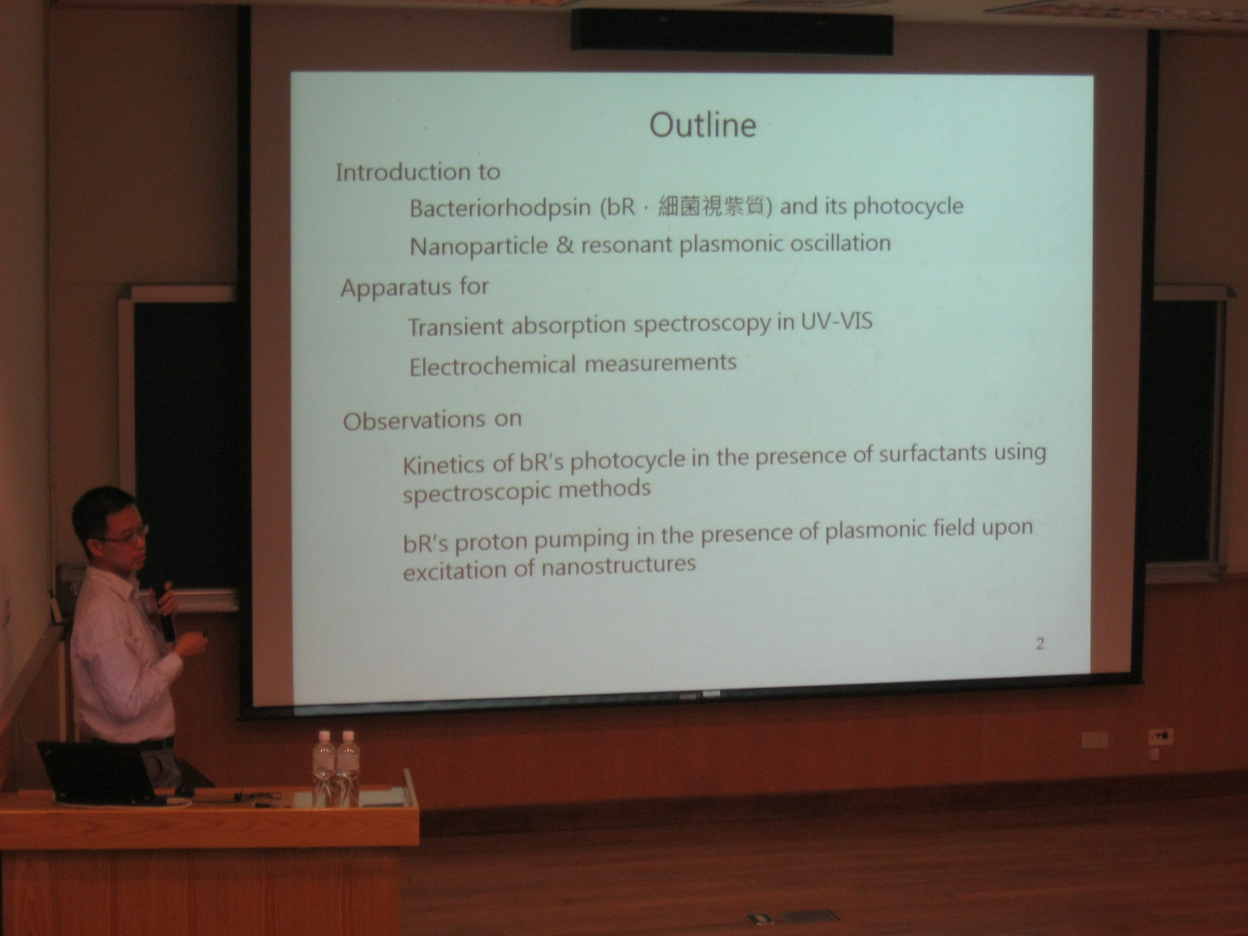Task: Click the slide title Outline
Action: (x=703, y=125)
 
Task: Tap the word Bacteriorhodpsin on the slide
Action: (x=500, y=208)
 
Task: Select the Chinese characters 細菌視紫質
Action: (x=711, y=206)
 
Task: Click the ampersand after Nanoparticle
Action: (x=565, y=245)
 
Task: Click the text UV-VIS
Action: (x=836, y=321)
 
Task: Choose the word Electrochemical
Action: (x=492, y=366)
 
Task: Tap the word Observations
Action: (x=414, y=421)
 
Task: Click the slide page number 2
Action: (x=1040, y=644)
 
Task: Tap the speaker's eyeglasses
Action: (x=128, y=536)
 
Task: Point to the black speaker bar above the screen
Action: (x=732, y=31)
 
